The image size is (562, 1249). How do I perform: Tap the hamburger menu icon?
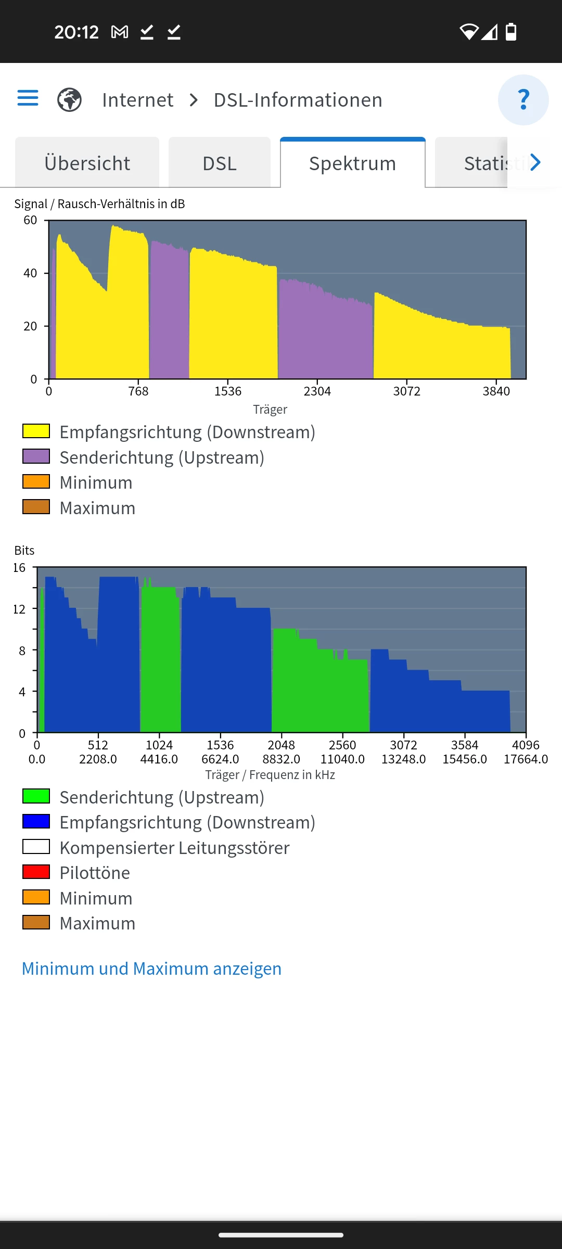[28, 98]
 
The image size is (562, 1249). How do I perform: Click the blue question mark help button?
[523, 99]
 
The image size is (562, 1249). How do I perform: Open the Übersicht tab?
[87, 163]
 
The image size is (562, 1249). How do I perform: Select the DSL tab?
[219, 163]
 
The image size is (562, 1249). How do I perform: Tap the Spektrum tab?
[352, 163]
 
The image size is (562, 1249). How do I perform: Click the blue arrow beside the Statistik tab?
[535, 162]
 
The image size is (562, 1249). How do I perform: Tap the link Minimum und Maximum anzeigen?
[151, 968]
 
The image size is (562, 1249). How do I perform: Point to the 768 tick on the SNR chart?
[138, 391]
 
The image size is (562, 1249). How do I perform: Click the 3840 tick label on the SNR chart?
[496, 391]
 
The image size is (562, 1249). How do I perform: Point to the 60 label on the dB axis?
[30, 220]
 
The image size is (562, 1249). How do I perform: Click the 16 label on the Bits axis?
[19, 567]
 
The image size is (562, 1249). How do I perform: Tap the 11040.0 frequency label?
[342, 759]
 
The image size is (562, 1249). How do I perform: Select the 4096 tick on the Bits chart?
[526, 745]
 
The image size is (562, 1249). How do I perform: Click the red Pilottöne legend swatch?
[36, 872]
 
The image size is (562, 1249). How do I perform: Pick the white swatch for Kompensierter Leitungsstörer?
[36, 847]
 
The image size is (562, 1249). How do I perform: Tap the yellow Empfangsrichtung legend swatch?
[36, 431]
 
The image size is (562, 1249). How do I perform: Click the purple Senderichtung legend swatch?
[36, 456]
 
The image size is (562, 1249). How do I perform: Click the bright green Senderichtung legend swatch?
[36, 796]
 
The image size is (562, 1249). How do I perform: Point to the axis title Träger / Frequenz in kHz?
[270, 775]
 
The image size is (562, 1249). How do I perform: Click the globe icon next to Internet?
[69, 99]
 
